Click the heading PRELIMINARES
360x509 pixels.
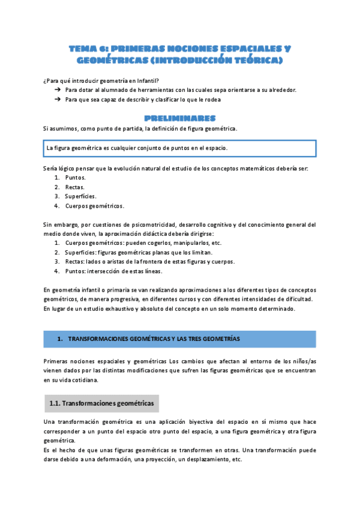pos(180,118)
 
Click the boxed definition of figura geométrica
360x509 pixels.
pos(179,148)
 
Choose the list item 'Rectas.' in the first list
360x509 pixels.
pos(75,187)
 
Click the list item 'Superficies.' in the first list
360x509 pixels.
pos(80,196)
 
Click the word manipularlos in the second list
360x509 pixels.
pos(187,243)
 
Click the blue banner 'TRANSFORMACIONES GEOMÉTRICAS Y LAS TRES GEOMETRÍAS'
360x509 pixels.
pos(179,339)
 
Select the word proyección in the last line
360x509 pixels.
pos(162,460)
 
